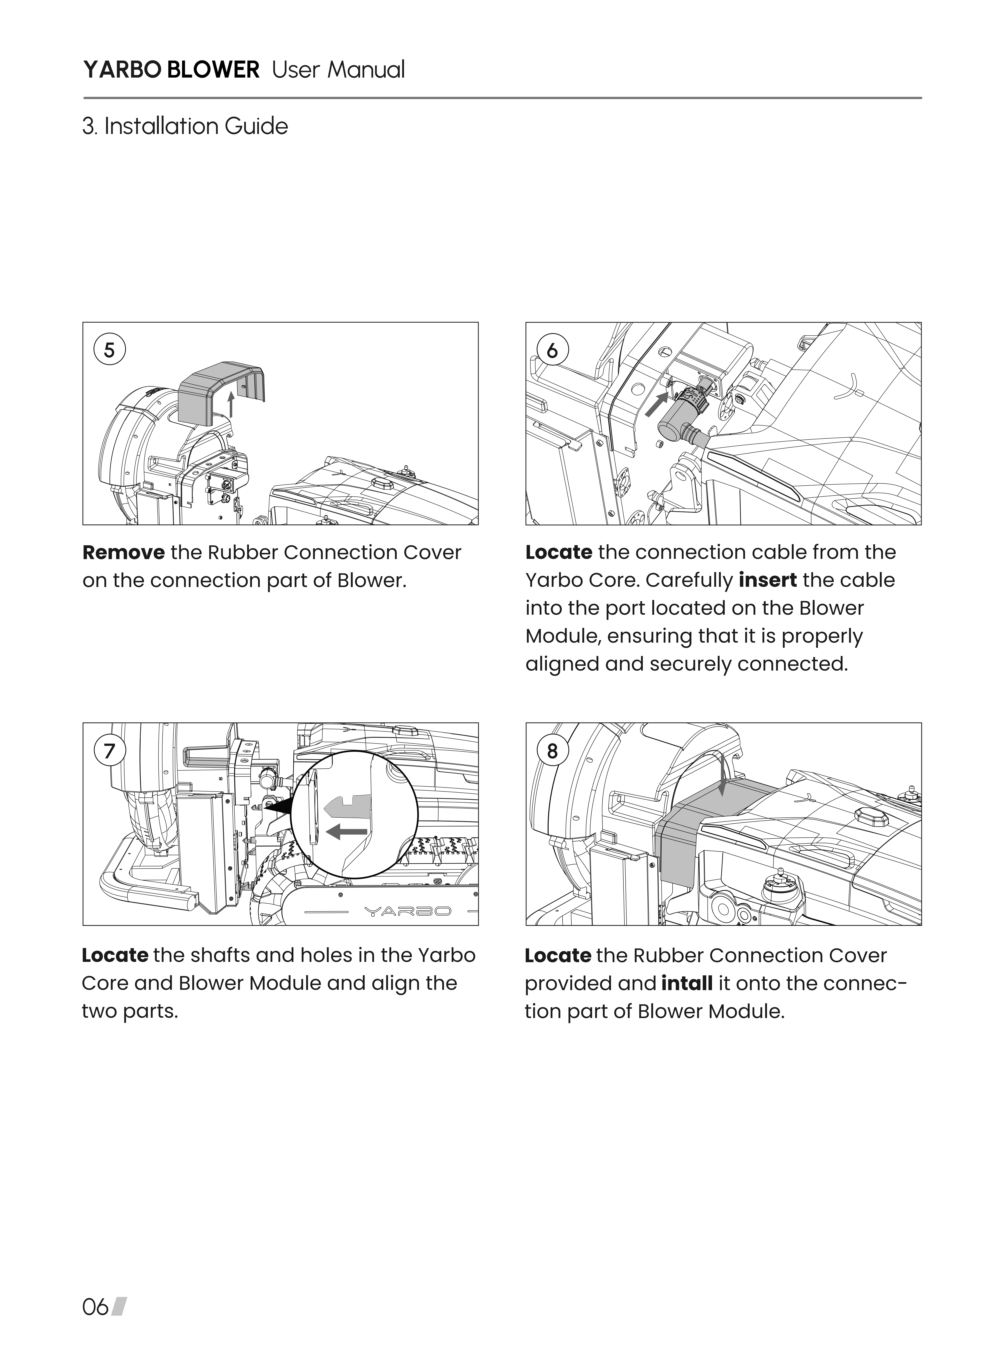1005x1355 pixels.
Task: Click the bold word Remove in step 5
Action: pyautogui.click(x=124, y=553)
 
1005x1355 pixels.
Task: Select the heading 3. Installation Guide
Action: pyautogui.click(x=185, y=127)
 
